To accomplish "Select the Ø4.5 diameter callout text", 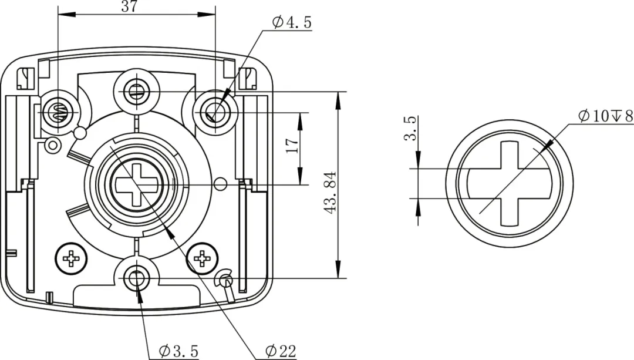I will pyautogui.click(x=291, y=23).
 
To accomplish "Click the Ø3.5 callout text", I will pyautogui.click(x=178, y=351).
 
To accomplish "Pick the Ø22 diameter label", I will pyautogui.click(x=279, y=351).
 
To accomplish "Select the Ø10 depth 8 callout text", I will pyautogui.click(x=605, y=116).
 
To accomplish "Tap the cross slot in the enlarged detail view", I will pyautogui.click(x=509, y=183).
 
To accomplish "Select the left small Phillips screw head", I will pyautogui.click(x=73, y=258).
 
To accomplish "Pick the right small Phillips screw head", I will pyautogui.click(x=203, y=258).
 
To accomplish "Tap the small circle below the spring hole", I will pyautogui.click(x=53, y=144).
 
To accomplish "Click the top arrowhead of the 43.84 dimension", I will pyautogui.click(x=338, y=97).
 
